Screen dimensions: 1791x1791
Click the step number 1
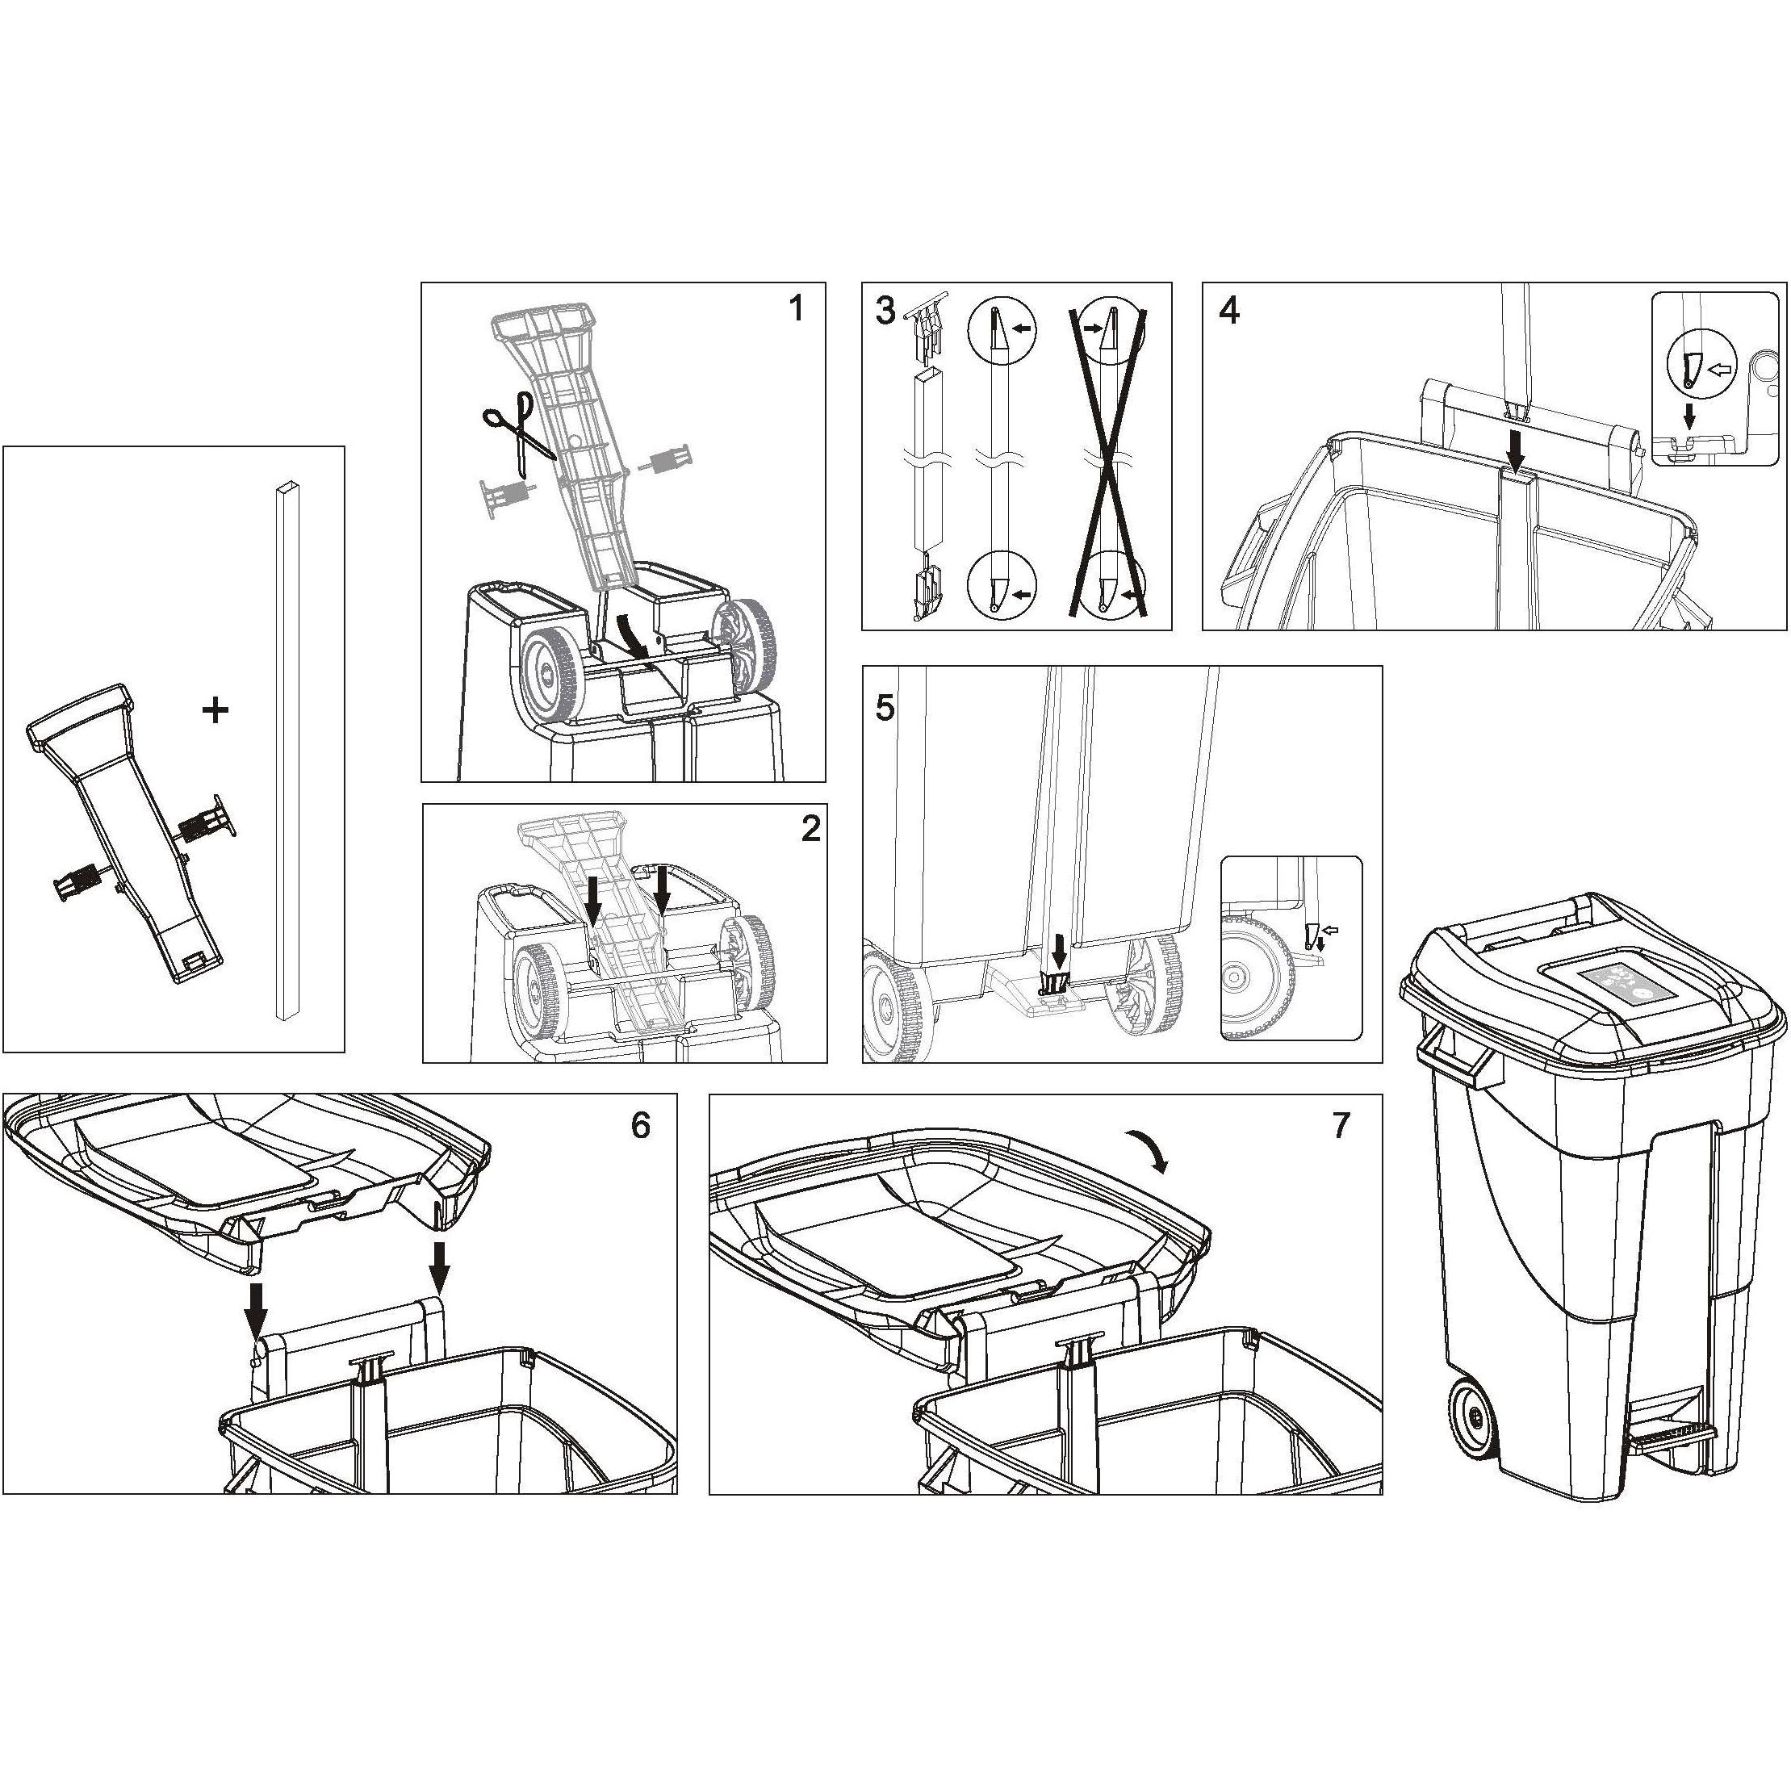795,308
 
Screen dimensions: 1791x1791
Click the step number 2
810,830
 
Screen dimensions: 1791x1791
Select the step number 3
885,312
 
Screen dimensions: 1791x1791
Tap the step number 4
1228,312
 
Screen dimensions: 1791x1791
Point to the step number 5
885,708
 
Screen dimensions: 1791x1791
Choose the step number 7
1341,1125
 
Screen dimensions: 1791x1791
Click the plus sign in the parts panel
215,711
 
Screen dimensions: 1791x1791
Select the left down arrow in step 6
258,1307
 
